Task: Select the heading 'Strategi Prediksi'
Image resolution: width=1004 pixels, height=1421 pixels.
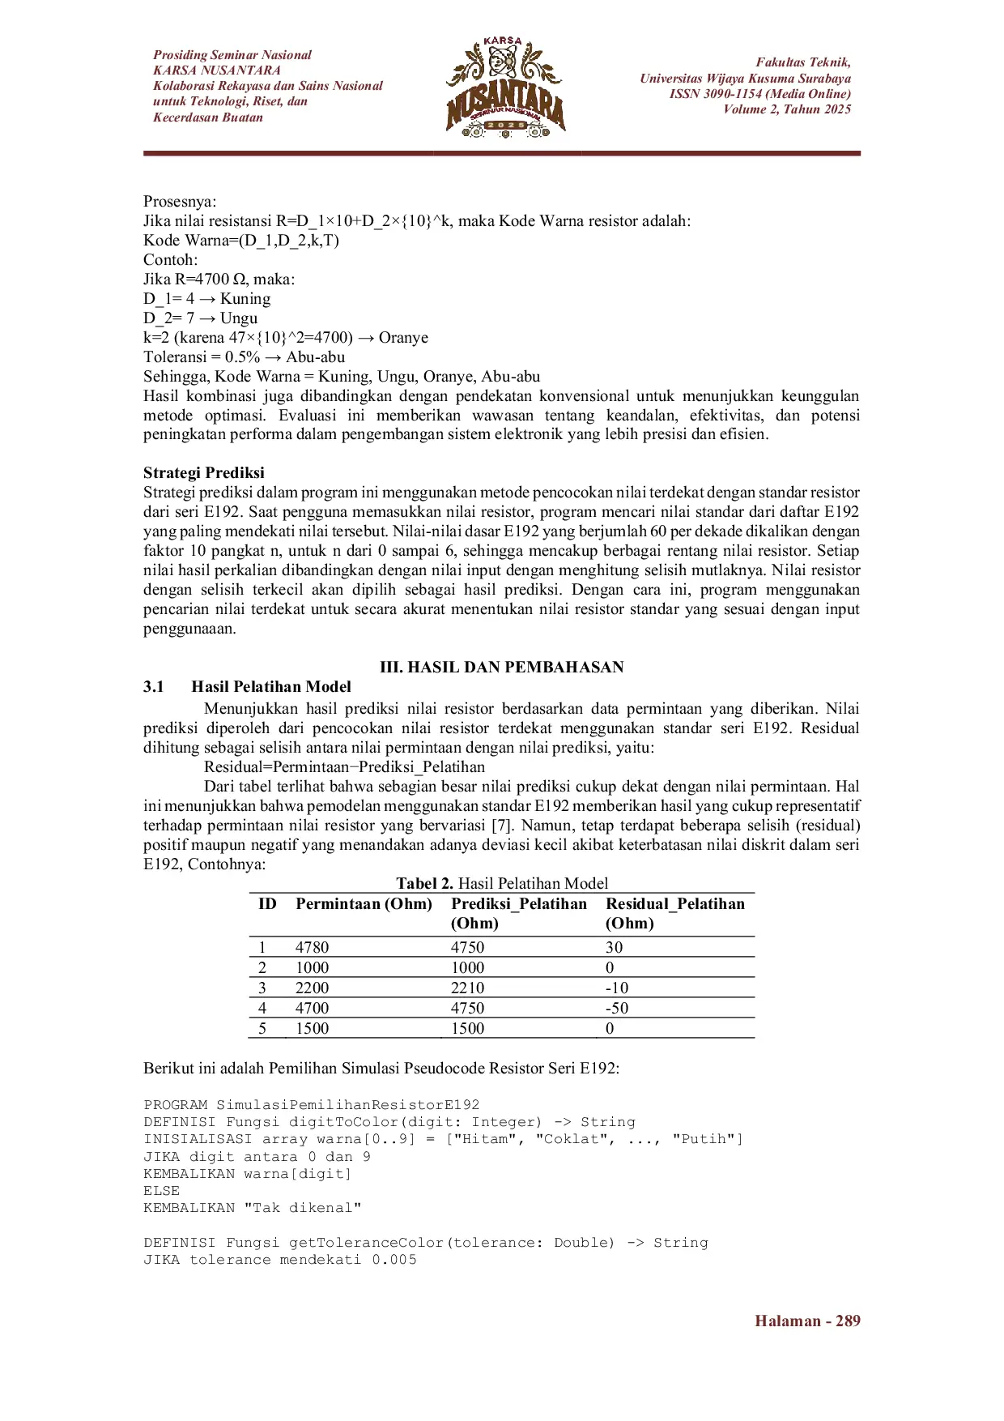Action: point(204,472)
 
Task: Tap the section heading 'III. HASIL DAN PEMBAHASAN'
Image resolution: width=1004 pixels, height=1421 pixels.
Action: point(502,667)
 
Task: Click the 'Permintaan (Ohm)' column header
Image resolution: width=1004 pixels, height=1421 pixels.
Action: point(364,903)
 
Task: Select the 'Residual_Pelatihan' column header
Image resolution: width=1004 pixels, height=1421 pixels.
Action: point(675,903)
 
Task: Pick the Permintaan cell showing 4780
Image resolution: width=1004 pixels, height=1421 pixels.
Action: point(313,947)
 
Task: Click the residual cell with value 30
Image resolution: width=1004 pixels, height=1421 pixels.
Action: point(615,947)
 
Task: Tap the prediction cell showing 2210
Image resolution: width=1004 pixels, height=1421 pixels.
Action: point(467,988)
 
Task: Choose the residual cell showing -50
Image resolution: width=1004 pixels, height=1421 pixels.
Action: point(617,1008)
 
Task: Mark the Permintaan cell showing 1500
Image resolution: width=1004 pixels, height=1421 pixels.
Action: point(313,1028)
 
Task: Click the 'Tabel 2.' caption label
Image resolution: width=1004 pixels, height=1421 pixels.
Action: point(424,883)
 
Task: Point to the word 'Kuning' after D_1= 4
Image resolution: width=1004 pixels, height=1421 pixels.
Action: point(245,298)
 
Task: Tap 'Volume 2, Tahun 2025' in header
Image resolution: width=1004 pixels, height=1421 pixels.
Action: point(787,109)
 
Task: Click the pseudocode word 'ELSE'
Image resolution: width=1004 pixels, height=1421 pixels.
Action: point(162,1190)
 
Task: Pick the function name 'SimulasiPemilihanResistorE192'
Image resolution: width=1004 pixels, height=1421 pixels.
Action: point(347,1104)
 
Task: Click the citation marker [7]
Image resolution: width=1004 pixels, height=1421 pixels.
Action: point(500,825)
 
